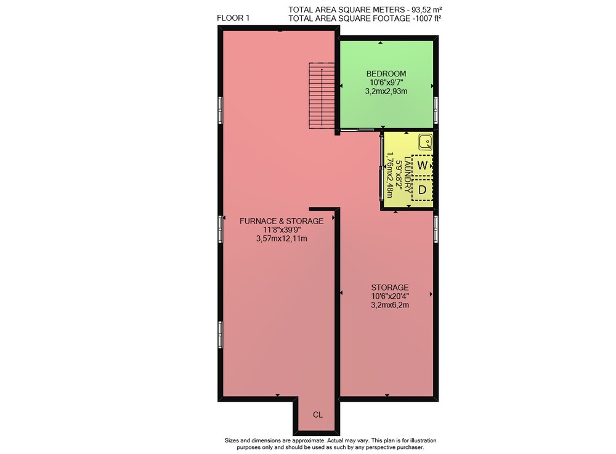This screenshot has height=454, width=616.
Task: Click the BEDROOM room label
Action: pyautogui.click(x=386, y=73)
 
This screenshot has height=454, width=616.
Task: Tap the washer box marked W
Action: pyautogui.click(x=423, y=165)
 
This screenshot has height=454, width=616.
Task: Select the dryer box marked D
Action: pyautogui.click(x=423, y=190)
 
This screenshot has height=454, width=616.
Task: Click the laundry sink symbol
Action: pyautogui.click(x=425, y=142)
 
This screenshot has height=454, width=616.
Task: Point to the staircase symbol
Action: pyautogui.click(x=322, y=95)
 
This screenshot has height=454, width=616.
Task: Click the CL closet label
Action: pyautogui.click(x=318, y=415)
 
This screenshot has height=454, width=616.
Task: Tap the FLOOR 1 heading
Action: pyautogui.click(x=233, y=18)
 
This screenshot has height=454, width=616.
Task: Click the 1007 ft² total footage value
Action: pyautogui.click(x=428, y=18)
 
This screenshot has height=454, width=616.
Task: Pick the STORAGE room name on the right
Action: pyautogui.click(x=390, y=288)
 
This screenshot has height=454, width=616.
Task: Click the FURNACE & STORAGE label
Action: pyautogui.click(x=282, y=221)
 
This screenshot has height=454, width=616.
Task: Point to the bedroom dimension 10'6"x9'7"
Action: pyautogui.click(x=386, y=83)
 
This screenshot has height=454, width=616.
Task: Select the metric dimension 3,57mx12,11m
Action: pyautogui.click(x=282, y=238)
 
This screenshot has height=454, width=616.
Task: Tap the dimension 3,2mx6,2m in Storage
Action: pyautogui.click(x=390, y=305)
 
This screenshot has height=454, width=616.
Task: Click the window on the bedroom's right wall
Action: pyautogui.click(x=436, y=110)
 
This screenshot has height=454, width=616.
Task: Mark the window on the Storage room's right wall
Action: pyautogui.click(x=436, y=229)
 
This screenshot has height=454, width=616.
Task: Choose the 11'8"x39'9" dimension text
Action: pyautogui.click(x=282, y=230)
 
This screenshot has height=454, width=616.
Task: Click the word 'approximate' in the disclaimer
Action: pyautogui.click(x=299, y=440)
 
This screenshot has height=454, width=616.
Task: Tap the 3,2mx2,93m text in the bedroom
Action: pyautogui.click(x=386, y=91)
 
